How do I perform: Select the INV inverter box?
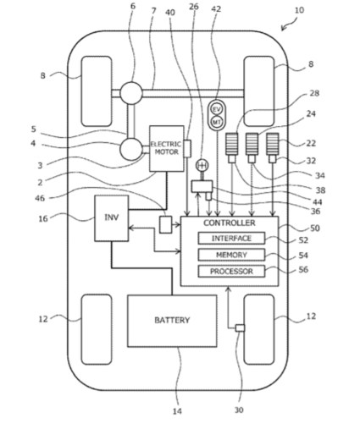click(110, 217)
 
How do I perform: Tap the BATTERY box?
click(172, 321)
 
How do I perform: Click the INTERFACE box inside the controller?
click(231, 239)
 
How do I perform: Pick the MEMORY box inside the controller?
click(231, 255)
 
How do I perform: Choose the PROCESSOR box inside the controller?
click(231, 271)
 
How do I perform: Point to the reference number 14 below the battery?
click(177, 411)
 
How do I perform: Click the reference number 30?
click(240, 411)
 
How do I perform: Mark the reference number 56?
click(304, 271)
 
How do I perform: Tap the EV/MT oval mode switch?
click(216, 116)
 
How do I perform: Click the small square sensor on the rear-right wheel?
click(240, 327)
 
